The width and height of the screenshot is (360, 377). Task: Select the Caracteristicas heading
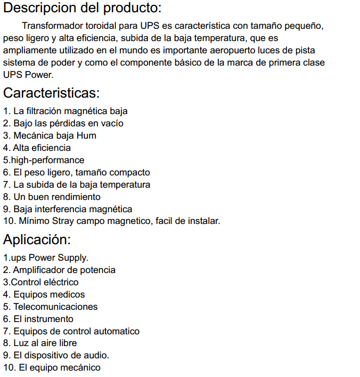pos(51,93)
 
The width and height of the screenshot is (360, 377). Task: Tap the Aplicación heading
pos(37,239)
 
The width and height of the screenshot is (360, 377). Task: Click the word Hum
pos(87,135)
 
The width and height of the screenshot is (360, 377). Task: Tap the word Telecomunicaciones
pos(55,307)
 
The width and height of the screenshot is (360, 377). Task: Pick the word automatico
pos(114,331)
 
